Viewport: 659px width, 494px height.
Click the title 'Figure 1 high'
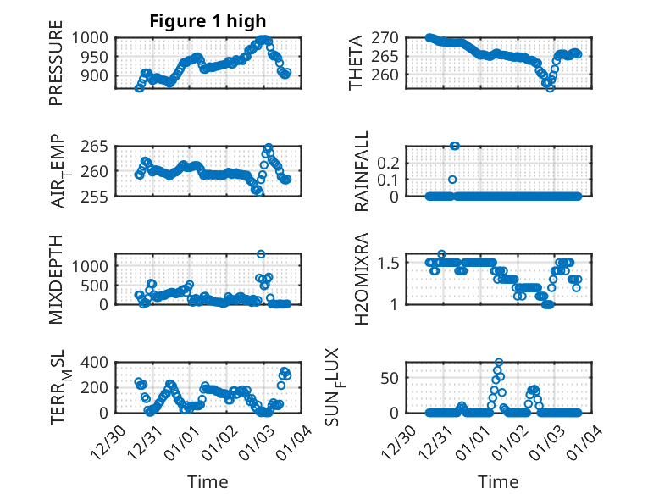(x=208, y=21)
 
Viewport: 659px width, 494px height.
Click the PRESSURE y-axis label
(x=56, y=68)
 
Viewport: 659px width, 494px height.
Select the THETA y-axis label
(x=357, y=63)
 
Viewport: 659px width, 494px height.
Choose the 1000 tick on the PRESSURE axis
(x=90, y=38)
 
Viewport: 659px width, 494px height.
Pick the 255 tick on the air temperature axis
(x=95, y=197)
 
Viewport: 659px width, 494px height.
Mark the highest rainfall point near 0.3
(x=455, y=146)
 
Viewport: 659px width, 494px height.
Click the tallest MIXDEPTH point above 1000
(x=261, y=254)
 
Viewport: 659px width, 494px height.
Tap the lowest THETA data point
(x=551, y=87)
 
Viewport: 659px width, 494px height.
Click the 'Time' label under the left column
(x=208, y=481)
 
